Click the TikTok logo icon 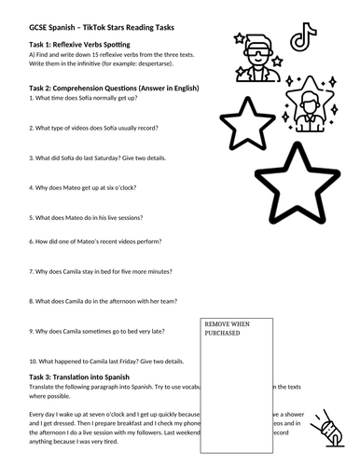point(299,39)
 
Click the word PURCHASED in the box point(221,333)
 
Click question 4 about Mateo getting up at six point(92,194)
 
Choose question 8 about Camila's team point(103,301)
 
